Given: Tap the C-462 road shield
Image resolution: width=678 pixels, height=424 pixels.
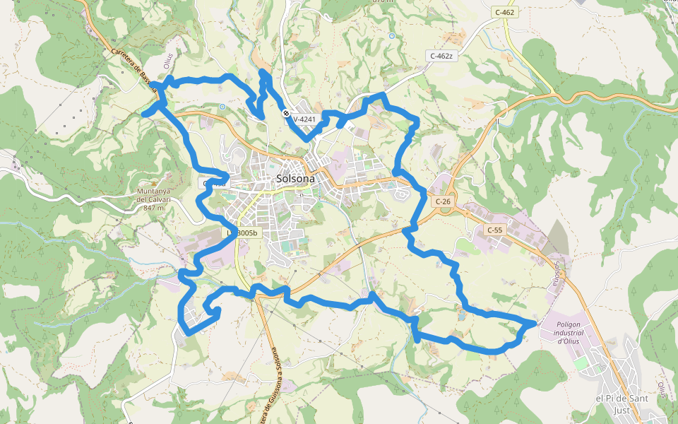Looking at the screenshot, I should (505, 12).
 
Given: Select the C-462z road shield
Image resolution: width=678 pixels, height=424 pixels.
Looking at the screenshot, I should (443, 55).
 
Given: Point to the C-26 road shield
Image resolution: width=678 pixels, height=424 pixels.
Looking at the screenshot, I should (443, 201).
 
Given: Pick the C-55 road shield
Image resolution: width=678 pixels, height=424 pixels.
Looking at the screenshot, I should (494, 230).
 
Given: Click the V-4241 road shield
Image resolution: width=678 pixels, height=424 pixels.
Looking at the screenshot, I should (305, 119).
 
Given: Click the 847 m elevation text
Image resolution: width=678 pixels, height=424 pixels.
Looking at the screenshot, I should (154, 208).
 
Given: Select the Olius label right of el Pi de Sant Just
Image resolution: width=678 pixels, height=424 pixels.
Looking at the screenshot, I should (662, 389).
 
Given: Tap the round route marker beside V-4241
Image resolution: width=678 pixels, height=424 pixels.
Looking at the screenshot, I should (286, 113).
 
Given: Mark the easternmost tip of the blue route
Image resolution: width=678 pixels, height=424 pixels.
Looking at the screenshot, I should (535, 323).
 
